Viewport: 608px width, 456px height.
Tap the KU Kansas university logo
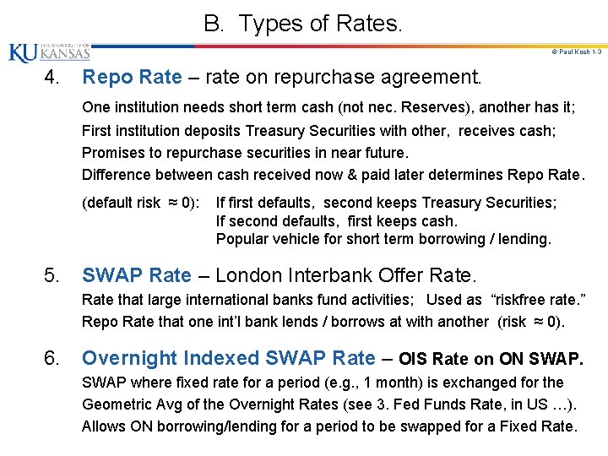click(x=49, y=52)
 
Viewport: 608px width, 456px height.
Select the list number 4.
click(x=52, y=79)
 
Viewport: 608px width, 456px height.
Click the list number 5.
click(x=52, y=275)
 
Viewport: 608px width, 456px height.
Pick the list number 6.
click(x=52, y=358)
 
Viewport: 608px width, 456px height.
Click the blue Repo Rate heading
click(x=132, y=78)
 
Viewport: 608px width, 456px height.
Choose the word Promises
click(x=114, y=153)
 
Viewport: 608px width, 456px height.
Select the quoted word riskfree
click(x=525, y=300)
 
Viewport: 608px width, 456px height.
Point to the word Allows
click(x=103, y=426)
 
